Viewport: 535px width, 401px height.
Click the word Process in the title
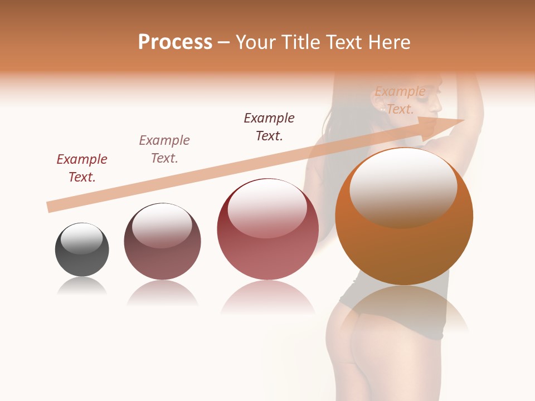pyautogui.click(x=175, y=42)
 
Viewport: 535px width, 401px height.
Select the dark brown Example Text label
pyautogui.click(x=269, y=127)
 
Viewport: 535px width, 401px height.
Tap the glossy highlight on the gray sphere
pyautogui.click(x=81, y=238)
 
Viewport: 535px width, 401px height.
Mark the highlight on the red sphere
pyautogui.click(x=267, y=208)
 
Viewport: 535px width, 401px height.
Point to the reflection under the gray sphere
pyautogui.click(x=82, y=287)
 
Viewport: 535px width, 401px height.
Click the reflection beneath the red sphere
pyautogui.click(x=267, y=298)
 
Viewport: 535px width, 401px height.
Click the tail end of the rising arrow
pyautogui.click(x=51, y=207)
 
